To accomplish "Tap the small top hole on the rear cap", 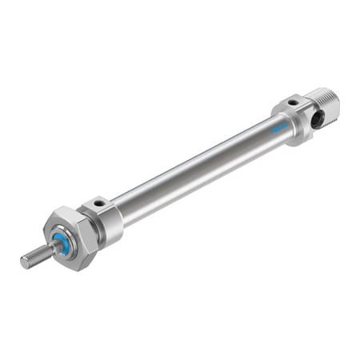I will click(292, 103).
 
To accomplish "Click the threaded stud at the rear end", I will click(326, 102).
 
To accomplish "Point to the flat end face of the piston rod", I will click(23, 262).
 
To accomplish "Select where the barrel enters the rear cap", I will click(272, 127).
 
